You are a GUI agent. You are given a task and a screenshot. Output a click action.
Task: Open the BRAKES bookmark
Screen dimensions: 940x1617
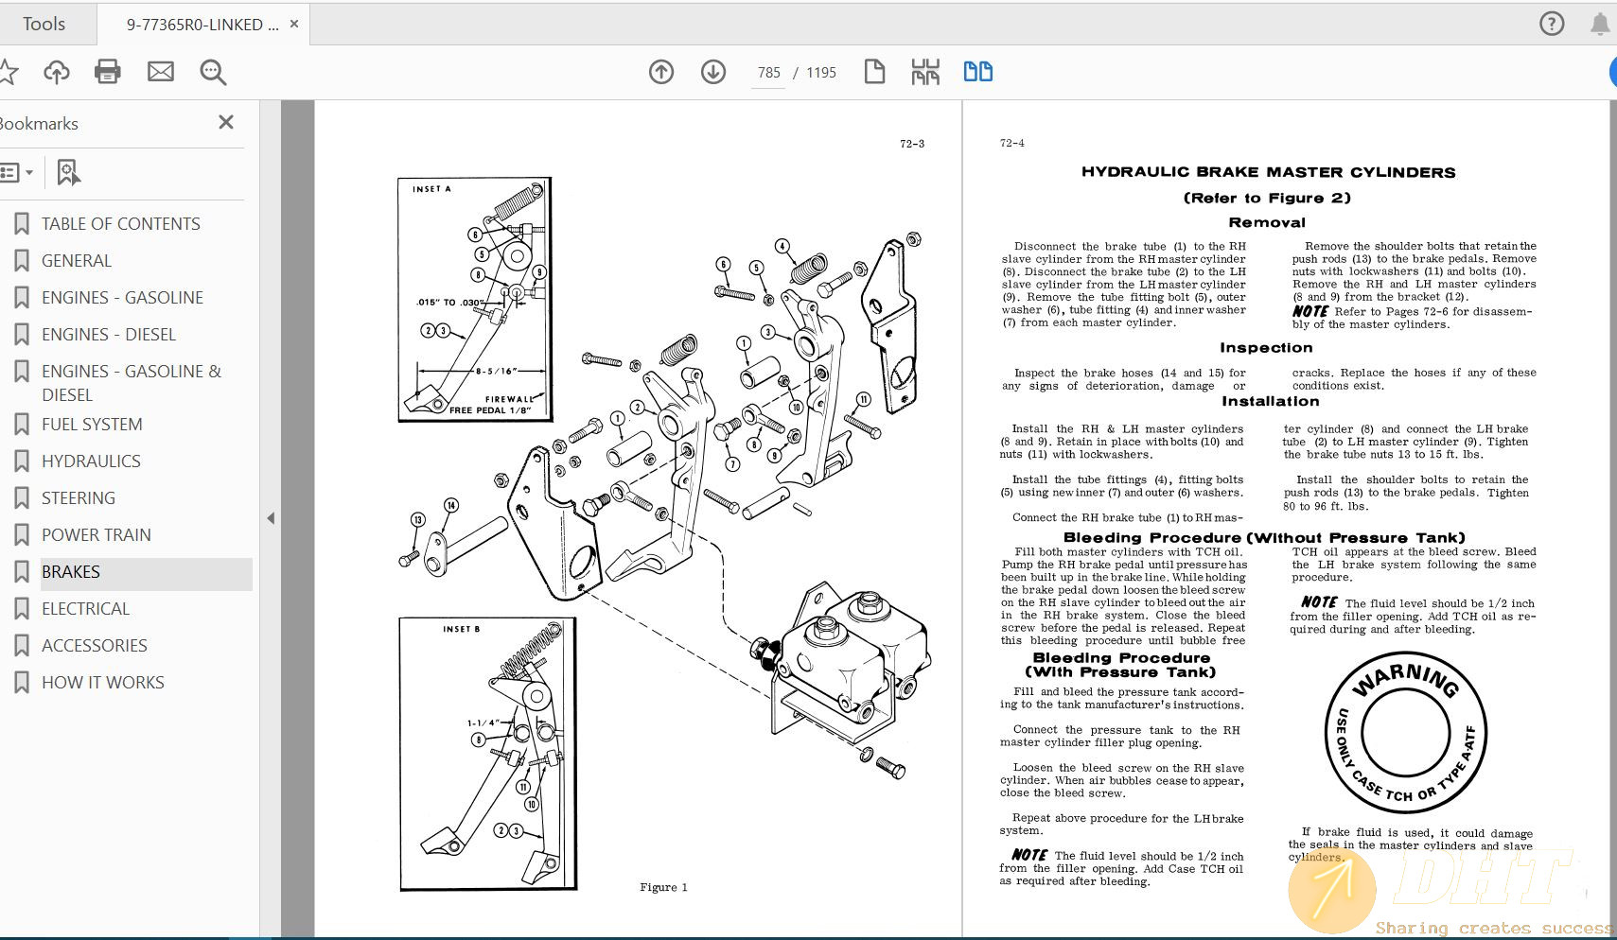[71, 572]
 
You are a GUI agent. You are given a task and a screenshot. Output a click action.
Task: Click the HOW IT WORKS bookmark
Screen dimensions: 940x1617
[102, 683]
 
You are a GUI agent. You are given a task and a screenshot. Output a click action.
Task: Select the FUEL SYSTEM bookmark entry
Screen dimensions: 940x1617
[92, 425]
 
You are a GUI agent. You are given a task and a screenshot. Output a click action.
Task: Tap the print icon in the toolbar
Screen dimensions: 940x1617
[108, 72]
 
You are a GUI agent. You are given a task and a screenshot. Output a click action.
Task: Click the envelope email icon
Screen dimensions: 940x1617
[161, 72]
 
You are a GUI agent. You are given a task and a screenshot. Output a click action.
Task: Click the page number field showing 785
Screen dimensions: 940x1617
[768, 73]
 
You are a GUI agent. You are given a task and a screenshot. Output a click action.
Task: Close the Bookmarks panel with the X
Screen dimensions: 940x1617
[226, 123]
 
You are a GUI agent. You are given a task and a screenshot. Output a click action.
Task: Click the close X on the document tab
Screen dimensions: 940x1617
[294, 25]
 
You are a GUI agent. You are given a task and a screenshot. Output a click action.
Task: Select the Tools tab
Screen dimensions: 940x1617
[44, 24]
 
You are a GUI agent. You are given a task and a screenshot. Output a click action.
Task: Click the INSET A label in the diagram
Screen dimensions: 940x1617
[431, 189]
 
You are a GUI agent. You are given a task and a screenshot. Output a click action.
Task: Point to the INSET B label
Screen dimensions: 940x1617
[461, 629]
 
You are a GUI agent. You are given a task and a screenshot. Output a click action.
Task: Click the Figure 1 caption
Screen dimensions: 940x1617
[663, 887]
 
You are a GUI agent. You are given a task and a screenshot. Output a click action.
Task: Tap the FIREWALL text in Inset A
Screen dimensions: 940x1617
[509, 399]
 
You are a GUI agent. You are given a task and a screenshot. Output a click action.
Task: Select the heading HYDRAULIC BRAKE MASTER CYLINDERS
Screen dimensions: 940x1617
[1268, 172]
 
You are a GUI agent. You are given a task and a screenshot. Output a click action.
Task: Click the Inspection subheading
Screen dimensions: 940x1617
[1265, 348]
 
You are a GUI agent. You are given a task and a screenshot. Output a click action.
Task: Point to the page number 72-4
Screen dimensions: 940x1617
[1011, 144]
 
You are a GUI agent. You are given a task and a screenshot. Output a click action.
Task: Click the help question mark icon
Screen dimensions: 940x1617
[1552, 24]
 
